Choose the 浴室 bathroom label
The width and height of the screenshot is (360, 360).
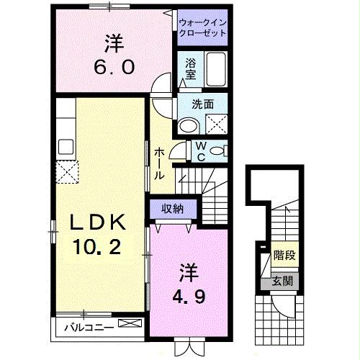[191, 68]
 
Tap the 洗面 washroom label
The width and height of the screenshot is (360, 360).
[202, 104]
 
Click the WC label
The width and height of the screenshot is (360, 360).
[201, 151]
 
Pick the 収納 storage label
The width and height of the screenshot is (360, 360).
[171, 210]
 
